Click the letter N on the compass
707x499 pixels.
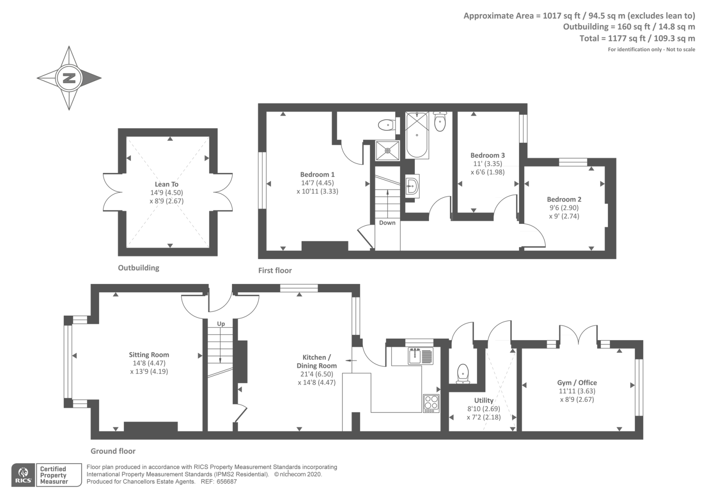pyautogui.click(x=69, y=78)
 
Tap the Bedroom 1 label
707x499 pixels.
pyautogui.click(x=317, y=174)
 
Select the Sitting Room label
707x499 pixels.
pyautogui.click(x=148, y=355)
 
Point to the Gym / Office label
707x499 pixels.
pyautogui.click(x=577, y=382)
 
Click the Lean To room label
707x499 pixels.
pyautogui.click(x=166, y=184)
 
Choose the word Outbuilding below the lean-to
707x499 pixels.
pyautogui.click(x=139, y=268)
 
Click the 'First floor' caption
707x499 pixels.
pyautogui.click(x=275, y=270)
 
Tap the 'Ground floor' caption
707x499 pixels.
pyautogui.click(x=113, y=451)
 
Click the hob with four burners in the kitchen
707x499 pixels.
pyautogui.click(x=431, y=404)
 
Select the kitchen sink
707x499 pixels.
pyautogui.click(x=421, y=356)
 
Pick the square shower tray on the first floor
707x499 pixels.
pyautogui.click(x=387, y=151)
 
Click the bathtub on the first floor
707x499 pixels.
pyautogui.click(x=417, y=135)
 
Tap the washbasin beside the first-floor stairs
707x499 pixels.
pyautogui.click(x=412, y=186)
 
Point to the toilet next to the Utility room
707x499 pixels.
pyautogui.click(x=463, y=374)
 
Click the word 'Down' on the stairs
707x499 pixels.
pyautogui.click(x=387, y=223)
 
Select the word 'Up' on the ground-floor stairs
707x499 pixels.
pyautogui.click(x=221, y=324)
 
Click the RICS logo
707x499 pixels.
pyautogui.click(x=23, y=475)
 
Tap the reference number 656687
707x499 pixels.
pyautogui.click(x=227, y=482)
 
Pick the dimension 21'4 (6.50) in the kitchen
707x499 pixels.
pyautogui.click(x=316, y=374)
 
